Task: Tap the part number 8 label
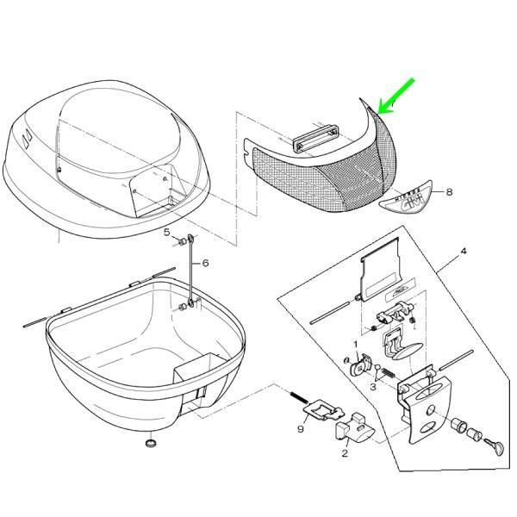click(x=449, y=192)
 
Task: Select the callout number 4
click(x=463, y=252)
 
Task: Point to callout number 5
click(x=168, y=232)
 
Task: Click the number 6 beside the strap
click(x=205, y=263)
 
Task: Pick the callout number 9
click(x=302, y=427)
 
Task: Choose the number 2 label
click(x=345, y=452)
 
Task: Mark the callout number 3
click(x=373, y=388)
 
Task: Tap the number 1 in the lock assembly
click(x=356, y=345)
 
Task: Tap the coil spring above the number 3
click(x=388, y=372)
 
